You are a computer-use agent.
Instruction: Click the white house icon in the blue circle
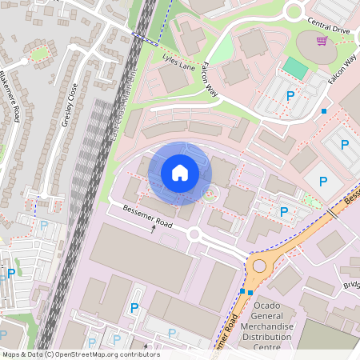click(180, 172)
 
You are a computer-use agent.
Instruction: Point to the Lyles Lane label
click(179, 61)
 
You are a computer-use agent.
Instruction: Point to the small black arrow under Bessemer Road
click(154, 229)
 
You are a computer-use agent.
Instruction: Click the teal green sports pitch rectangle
click(296, 69)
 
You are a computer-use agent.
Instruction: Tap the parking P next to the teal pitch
click(290, 96)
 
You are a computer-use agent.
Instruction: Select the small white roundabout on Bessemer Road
click(194, 234)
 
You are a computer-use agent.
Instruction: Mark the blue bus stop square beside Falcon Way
click(324, 111)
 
